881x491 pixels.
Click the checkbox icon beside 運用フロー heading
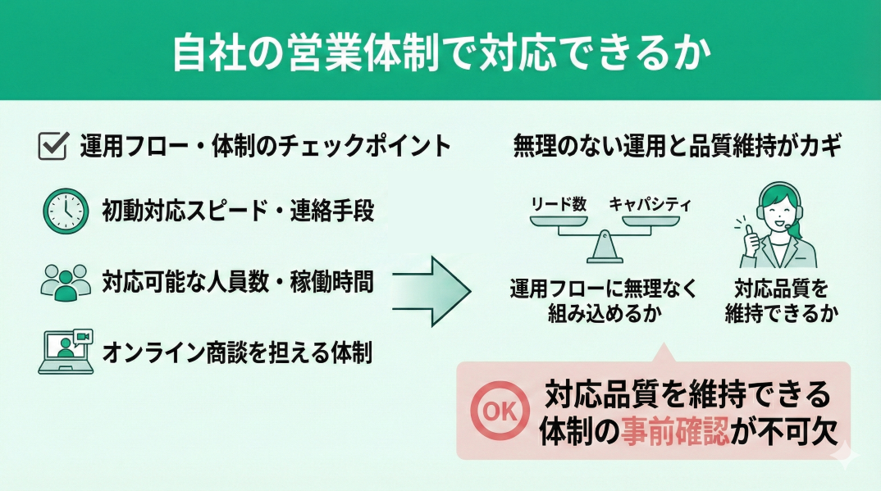[x=53, y=145]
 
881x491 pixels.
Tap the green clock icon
[x=66, y=211]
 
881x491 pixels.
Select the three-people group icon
[x=66, y=282]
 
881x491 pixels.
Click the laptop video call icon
[x=66, y=352]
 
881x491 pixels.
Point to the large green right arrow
[x=431, y=291]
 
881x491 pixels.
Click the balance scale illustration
[x=605, y=239]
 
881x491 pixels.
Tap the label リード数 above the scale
[x=559, y=204]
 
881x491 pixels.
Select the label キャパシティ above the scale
[x=650, y=204]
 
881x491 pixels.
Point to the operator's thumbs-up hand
[x=750, y=239]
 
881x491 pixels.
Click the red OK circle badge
[x=500, y=410]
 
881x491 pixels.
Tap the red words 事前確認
[x=675, y=431]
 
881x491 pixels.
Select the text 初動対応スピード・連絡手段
[x=238, y=211]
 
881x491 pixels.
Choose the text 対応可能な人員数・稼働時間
[x=238, y=282]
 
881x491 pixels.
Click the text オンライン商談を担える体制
[x=237, y=353]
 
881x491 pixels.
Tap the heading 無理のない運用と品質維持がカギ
[x=678, y=146]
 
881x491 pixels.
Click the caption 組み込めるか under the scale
[x=605, y=313]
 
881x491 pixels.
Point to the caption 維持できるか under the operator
[x=782, y=313]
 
